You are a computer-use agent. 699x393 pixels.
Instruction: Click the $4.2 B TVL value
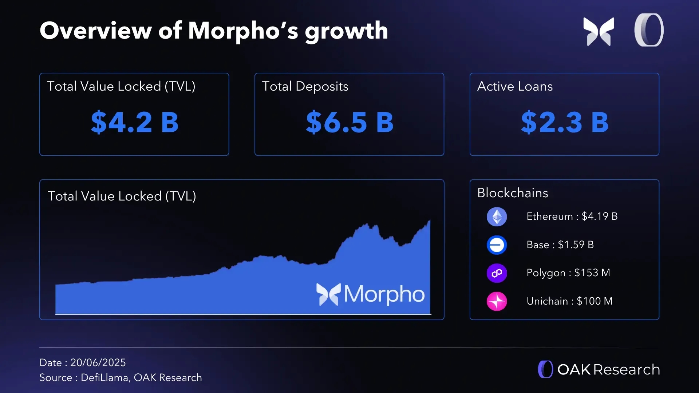point(135,122)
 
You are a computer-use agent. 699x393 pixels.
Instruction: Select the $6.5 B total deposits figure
point(349,122)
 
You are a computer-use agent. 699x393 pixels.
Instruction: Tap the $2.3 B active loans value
point(565,122)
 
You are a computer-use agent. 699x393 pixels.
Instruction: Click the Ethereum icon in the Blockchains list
point(497,217)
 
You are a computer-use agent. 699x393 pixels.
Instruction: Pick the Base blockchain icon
point(497,245)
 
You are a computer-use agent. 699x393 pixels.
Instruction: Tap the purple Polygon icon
point(497,273)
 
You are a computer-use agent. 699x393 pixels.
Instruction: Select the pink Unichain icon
point(497,301)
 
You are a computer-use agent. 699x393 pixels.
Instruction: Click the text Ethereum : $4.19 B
point(572,217)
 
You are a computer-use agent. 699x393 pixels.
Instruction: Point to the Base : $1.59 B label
point(560,245)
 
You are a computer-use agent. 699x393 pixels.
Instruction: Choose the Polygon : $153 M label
point(568,273)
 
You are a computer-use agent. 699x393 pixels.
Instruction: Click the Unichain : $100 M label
point(569,301)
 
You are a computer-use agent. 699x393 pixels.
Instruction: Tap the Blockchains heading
point(513,193)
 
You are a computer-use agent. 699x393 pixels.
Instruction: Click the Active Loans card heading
point(515,87)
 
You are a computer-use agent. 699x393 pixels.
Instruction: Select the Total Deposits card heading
point(305,87)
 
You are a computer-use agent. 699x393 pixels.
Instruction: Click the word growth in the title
point(346,31)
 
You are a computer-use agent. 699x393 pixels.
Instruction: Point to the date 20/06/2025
point(98,363)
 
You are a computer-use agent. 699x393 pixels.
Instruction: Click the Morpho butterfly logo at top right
point(599,31)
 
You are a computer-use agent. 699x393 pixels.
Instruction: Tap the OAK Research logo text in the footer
point(608,370)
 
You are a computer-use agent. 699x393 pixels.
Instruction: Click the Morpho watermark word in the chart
point(384,294)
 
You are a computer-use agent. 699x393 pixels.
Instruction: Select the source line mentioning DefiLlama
point(121,378)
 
